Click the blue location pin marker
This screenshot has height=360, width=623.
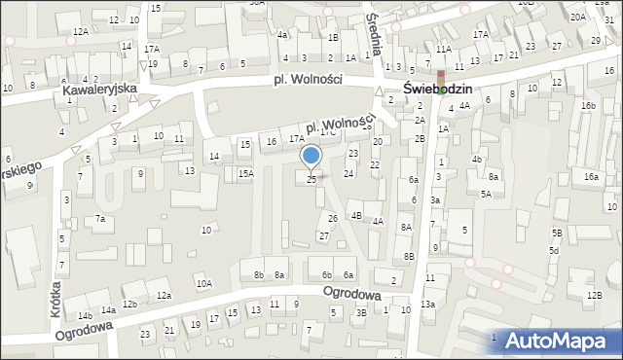click(311, 157)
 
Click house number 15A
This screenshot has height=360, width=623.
click(246, 172)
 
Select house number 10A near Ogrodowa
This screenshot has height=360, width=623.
click(203, 283)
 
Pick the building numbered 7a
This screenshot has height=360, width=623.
click(99, 219)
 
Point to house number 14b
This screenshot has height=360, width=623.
click(86, 316)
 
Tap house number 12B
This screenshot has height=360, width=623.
click(595, 295)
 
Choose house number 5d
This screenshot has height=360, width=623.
click(553, 250)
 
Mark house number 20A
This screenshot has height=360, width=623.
click(578, 17)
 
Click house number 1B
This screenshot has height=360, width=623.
click(334, 37)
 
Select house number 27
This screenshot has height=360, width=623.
click(324, 235)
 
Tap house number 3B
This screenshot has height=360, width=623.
click(361, 312)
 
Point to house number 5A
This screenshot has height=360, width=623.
click(486, 194)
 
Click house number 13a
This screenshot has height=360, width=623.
click(427, 305)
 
